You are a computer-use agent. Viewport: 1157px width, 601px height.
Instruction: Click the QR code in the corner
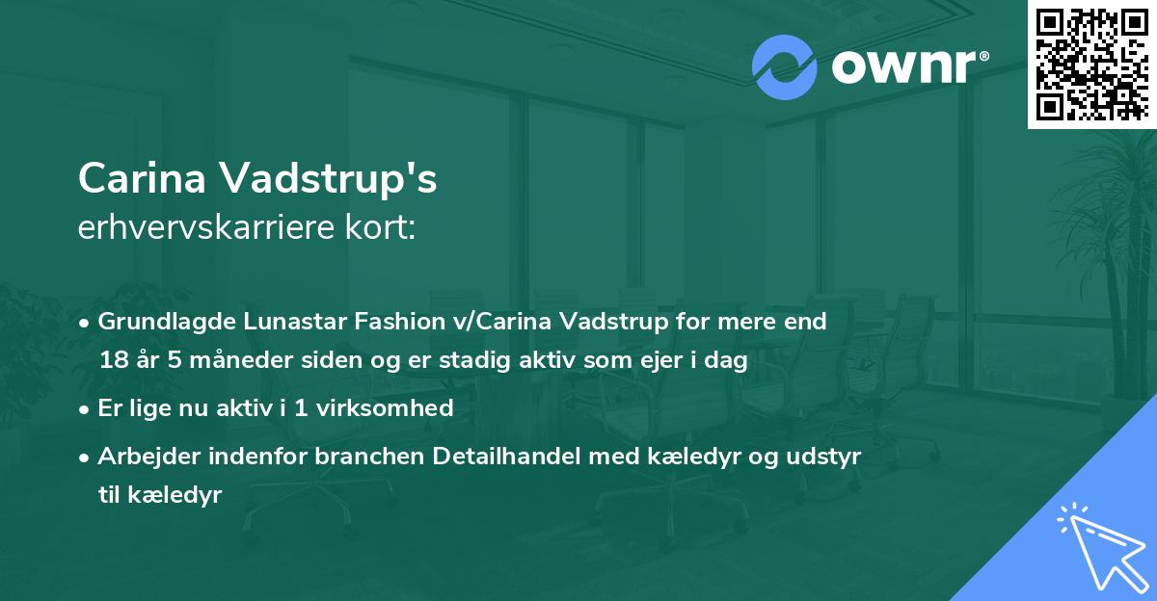[1092, 64]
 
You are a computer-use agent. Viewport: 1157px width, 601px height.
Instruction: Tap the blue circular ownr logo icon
[785, 67]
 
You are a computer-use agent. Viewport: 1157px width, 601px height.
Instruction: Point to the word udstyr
[830, 456]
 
